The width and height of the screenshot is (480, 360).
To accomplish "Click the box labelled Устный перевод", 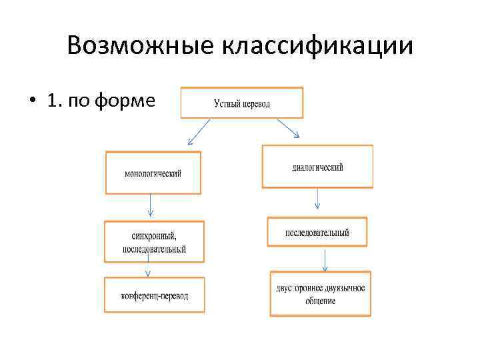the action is click(x=241, y=103).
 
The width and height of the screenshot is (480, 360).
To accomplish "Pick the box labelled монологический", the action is click(x=153, y=173).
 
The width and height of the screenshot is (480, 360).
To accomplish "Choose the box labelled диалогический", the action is click(x=317, y=167).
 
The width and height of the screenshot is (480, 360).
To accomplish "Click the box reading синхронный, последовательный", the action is click(x=154, y=241).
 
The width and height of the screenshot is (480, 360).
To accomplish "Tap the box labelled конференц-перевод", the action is click(x=155, y=295).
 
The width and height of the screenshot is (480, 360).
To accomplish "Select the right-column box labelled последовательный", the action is click(x=317, y=232).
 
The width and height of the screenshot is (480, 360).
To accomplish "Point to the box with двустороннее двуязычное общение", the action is click(x=320, y=293).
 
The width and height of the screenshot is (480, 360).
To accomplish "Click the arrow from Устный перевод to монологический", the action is click(x=199, y=132).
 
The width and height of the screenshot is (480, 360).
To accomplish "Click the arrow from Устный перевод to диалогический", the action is click(x=287, y=129).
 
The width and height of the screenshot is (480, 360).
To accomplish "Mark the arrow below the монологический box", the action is click(x=151, y=205).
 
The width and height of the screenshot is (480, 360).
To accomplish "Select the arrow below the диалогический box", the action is click(x=317, y=198).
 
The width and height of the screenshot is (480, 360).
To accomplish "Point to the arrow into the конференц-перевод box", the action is click(x=148, y=269).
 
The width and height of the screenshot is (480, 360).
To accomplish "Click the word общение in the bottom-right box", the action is click(x=321, y=301).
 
